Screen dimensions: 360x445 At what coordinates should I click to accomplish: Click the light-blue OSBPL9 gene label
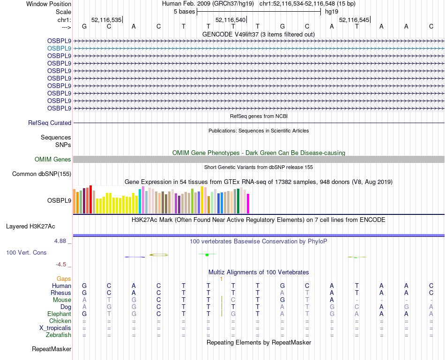[59, 48]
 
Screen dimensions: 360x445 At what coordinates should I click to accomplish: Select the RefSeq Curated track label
[50, 123]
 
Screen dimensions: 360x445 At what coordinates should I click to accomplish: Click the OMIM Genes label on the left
[53, 160]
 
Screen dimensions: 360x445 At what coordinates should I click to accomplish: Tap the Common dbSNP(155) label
[42, 174]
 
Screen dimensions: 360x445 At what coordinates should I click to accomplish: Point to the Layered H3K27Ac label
[30, 227]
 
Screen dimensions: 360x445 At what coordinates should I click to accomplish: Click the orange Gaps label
[64, 279]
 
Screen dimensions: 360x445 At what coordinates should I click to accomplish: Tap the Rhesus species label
[61, 293]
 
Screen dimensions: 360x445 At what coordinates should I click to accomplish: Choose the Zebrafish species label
[59, 335]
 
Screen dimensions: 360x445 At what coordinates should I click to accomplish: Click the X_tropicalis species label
[55, 328]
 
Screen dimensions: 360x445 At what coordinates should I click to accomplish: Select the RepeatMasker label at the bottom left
[52, 349]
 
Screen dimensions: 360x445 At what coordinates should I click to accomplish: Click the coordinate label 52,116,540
[230, 20]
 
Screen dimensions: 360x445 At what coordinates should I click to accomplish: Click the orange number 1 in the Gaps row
[221, 279]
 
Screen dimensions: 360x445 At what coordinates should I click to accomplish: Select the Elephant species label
[59, 314]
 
